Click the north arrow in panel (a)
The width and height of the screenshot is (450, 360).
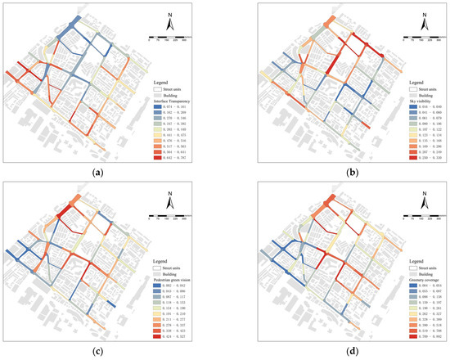168,23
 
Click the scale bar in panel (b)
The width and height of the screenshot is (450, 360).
399,38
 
